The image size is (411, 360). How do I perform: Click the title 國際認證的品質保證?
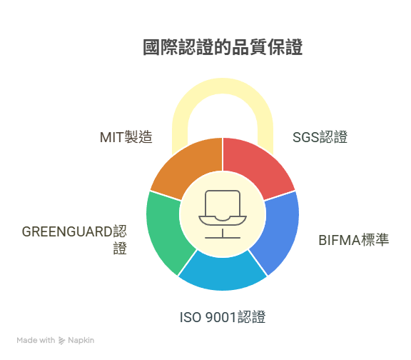[x=223, y=47]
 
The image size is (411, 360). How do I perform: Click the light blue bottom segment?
[x=223, y=273]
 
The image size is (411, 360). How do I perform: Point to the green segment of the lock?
[x=167, y=231]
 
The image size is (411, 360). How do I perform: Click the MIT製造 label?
[x=126, y=137]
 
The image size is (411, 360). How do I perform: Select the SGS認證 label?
[x=320, y=137]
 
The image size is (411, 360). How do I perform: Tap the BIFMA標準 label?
[x=354, y=240]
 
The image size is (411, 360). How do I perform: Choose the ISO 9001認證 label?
[x=223, y=317]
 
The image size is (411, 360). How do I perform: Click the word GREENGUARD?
[x=67, y=231]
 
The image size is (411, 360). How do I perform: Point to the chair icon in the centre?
[x=223, y=214]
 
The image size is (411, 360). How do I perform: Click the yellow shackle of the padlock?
[x=223, y=86]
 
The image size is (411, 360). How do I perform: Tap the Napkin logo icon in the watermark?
[x=61, y=341]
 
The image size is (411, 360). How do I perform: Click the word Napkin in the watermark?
[x=81, y=340]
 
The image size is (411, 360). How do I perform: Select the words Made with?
[x=36, y=340]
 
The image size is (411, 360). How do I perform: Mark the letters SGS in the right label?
[x=305, y=137]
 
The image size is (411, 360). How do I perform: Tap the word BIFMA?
[x=340, y=240]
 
